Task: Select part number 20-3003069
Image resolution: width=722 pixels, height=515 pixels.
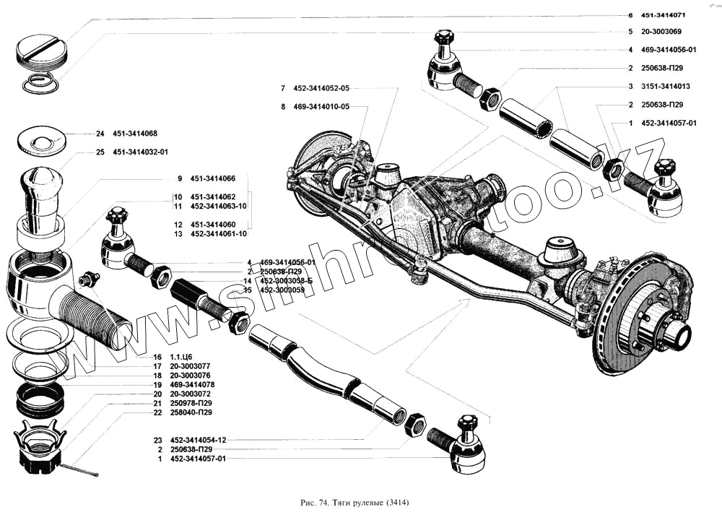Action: point(661,32)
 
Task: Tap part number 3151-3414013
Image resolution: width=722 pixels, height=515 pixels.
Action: point(666,86)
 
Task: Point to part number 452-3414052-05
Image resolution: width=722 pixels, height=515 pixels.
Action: point(321,88)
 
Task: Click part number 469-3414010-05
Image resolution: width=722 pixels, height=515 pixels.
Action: point(321,106)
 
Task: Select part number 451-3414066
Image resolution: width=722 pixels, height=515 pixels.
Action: point(213,178)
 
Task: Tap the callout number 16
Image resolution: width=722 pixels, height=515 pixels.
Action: point(157,358)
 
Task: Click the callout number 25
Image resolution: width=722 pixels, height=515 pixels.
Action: point(100,152)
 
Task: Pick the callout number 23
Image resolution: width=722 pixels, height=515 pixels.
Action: point(157,439)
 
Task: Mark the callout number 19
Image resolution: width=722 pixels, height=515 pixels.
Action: point(157,385)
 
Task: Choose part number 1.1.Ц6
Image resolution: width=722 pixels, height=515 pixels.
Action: point(180,358)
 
